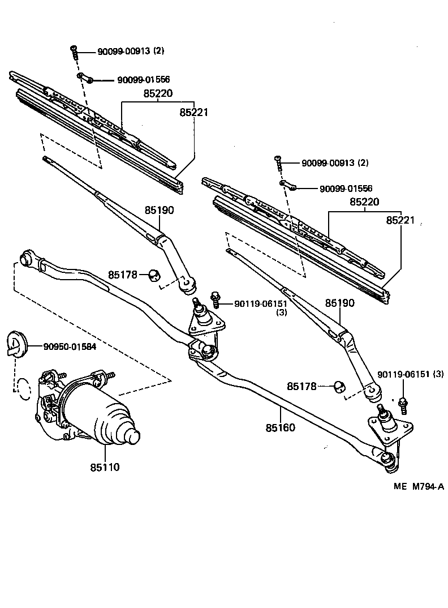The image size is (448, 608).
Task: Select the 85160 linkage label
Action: pos(280,427)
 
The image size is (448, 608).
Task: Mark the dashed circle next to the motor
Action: pos(23,389)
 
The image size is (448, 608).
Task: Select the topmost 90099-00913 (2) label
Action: pos(131,51)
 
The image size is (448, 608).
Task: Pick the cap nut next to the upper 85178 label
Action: pos(153,276)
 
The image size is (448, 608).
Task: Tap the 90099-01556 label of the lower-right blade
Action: pos(346,189)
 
